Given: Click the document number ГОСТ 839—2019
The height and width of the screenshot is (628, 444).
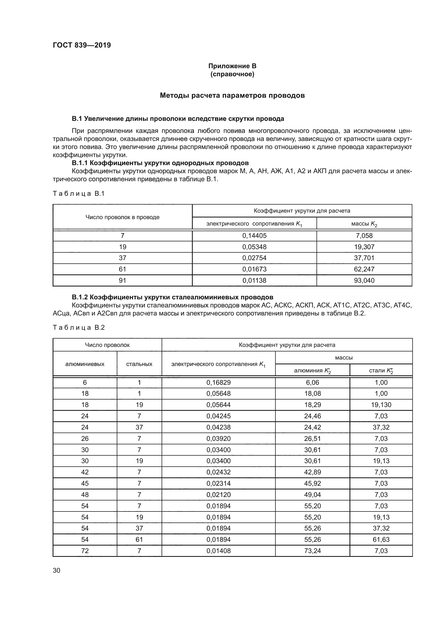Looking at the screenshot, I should pos(82,45).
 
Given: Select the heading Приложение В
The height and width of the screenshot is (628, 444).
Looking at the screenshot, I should pos(232,66).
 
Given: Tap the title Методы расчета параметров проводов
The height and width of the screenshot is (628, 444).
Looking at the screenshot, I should pos(232,96).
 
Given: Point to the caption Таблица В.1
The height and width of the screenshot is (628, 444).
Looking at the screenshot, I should pos(79,194).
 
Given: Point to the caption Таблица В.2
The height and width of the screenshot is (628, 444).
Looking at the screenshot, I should pos(79,327).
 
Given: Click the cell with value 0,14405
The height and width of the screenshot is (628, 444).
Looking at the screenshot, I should pos(254,235).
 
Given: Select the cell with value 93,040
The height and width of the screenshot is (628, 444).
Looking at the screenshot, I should pos(364,280).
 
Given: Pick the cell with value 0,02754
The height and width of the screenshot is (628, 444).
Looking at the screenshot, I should pos(254,258).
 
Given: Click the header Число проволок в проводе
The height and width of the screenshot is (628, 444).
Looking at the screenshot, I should pos(122,217).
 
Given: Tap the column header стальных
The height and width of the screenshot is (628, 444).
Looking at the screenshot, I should pos(139,364).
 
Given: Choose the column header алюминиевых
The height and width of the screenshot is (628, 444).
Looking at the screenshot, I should pos(85,364).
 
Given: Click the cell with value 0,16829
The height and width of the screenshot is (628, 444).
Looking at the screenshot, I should pos(219,382).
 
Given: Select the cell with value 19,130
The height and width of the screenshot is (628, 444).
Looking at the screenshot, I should pos(381,405).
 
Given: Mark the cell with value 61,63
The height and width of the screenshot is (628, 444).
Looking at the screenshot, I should pos(381,539).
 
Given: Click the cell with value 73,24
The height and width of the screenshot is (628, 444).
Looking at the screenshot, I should pos(312,551).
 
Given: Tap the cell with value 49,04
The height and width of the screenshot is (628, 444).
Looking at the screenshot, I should pos(312,495).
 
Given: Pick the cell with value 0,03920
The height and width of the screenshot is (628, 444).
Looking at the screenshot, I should pos(219,438).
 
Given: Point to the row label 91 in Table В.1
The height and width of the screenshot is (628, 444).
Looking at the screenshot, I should pos(122,280).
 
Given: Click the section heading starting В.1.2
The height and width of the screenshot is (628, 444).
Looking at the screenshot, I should pos(173,297).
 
